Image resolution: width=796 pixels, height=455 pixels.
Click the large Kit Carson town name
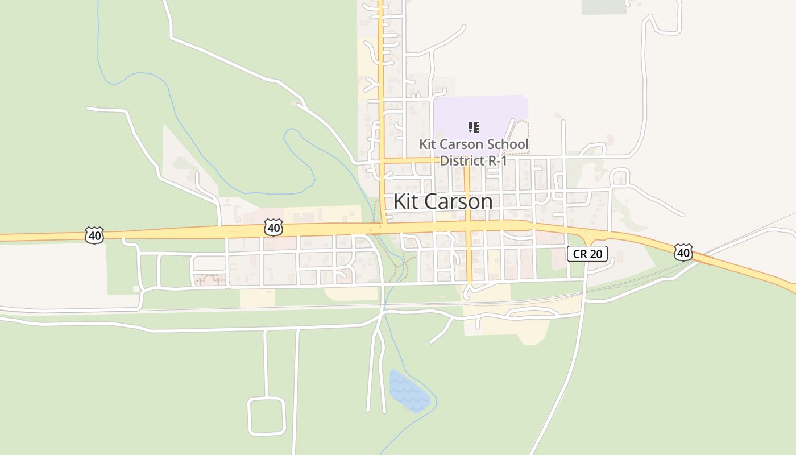443,202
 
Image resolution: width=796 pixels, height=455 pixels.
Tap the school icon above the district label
473,127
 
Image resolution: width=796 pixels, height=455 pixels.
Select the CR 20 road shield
587,254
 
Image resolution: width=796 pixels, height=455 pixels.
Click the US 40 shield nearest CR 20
683,252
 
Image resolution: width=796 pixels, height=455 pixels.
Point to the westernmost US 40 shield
94,235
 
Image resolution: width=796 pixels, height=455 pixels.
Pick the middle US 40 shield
273,228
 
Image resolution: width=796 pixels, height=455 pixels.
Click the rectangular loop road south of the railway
266,416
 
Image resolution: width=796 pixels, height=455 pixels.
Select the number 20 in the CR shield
595,254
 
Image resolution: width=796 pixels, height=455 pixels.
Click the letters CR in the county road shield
579,254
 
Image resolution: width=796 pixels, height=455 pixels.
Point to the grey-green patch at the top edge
604,6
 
